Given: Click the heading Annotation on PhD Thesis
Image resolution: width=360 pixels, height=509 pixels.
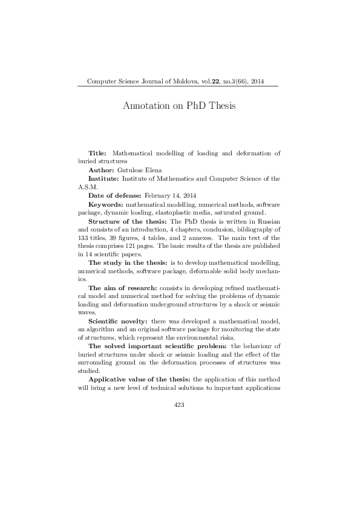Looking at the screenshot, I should click(x=178, y=105).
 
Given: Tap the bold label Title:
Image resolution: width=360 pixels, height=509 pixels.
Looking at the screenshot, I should click(x=97, y=154).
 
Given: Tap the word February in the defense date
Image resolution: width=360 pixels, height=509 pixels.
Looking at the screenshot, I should click(x=159, y=196).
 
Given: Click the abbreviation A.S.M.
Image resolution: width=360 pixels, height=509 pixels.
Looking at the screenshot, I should click(x=89, y=188).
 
